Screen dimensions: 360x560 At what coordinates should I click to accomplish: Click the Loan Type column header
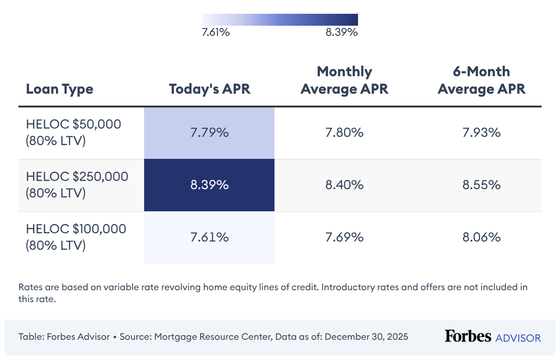click(60, 89)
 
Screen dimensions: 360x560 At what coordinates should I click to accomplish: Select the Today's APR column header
click(209, 89)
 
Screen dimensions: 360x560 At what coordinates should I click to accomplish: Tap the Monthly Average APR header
click(344, 80)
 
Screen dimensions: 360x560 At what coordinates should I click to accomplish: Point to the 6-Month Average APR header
click(481, 80)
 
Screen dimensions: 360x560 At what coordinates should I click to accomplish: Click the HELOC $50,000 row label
click(73, 133)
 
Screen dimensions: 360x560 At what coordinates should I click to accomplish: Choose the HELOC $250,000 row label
click(77, 185)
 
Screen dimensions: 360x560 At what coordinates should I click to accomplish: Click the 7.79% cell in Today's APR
click(209, 133)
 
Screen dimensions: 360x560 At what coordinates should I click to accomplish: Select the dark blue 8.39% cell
click(209, 185)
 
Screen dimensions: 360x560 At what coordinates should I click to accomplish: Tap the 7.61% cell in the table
click(209, 237)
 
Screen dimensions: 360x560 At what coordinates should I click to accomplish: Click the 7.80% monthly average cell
click(344, 133)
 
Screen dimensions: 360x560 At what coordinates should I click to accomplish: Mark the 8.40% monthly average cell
click(344, 185)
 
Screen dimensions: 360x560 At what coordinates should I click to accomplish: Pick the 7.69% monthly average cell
click(344, 237)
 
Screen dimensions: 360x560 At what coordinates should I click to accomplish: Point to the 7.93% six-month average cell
click(481, 133)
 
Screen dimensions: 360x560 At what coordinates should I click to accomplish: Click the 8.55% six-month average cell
click(481, 185)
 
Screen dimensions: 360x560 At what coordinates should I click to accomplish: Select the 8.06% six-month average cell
click(481, 237)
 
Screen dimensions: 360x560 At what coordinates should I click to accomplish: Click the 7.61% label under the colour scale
click(216, 33)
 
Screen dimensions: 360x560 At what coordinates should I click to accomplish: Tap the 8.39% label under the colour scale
click(341, 33)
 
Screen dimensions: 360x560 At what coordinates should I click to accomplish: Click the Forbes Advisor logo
click(493, 337)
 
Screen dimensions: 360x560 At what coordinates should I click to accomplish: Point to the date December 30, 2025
click(366, 337)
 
